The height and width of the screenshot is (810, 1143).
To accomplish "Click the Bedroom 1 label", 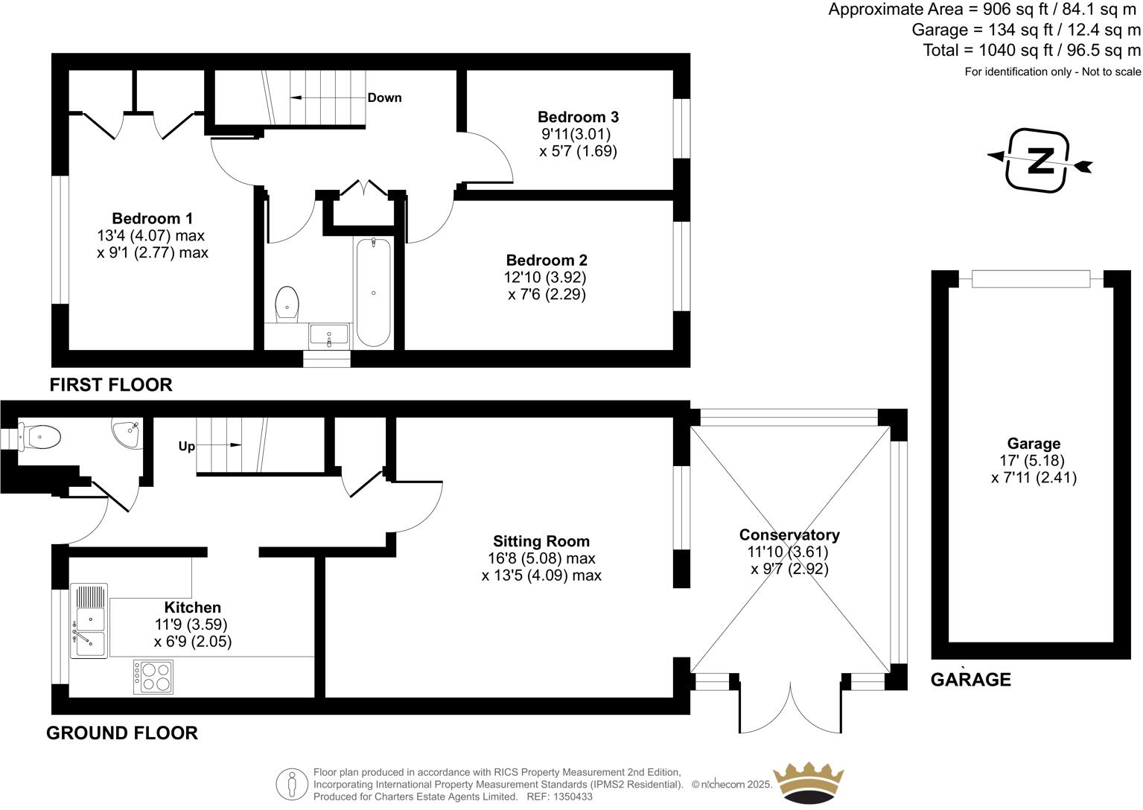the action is click(152, 218).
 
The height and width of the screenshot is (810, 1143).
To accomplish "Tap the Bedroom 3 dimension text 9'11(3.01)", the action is click(576, 134).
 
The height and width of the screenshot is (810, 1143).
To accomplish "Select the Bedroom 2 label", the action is click(547, 260).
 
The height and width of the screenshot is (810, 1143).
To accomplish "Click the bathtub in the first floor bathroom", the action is click(374, 293).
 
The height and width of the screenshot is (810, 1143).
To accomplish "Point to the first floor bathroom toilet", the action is click(287, 304).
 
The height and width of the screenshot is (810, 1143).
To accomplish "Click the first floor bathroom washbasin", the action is click(329, 335).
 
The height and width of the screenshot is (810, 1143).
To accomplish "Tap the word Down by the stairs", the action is click(384, 98).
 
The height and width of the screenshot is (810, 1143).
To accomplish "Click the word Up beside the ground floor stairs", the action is click(186, 446).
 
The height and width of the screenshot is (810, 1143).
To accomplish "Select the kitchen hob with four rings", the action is click(153, 677).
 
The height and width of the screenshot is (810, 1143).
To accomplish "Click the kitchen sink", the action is click(89, 621).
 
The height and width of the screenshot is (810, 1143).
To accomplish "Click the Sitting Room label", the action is click(541, 540).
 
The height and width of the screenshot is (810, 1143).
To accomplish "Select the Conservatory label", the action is click(789, 535).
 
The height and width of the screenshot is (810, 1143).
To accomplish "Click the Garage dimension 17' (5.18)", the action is click(1032, 461).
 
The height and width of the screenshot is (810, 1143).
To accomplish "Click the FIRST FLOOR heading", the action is click(111, 385).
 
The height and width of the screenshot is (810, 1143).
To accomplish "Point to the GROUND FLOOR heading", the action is click(122, 733).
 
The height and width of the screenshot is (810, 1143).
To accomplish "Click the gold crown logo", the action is click(808, 784).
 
